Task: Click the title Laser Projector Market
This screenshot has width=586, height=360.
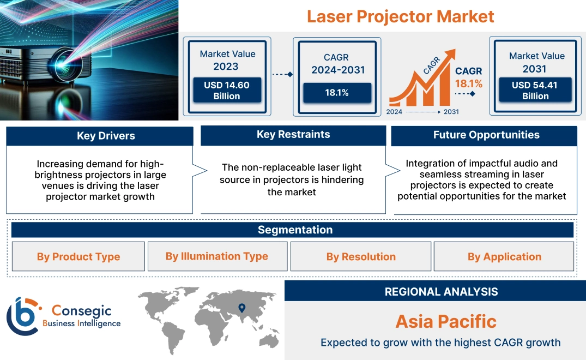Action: pyautogui.click(x=400, y=16)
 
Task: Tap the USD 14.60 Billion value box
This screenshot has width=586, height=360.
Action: pyautogui.click(x=226, y=91)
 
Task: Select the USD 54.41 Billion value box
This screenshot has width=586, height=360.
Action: pyautogui.click(x=535, y=91)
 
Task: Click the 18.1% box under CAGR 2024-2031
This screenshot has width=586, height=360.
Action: pyautogui.click(x=337, y=93)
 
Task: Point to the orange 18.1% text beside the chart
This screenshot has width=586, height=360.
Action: pyautogui.click(x=469, y=84)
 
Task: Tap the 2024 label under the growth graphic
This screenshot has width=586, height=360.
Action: pyautogui.click(x=395, y=112)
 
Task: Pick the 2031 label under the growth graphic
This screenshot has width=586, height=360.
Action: pyautogui.click(x=451, y=112)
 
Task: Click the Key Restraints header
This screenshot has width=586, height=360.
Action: pyautogui.click(x=293, y=135)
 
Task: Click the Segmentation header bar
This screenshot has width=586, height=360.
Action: pyautogui.click(x=295, y=230)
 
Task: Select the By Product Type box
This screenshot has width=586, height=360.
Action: pyautogui.click(x=78, y=257)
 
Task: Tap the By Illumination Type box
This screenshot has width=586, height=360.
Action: pyautogui.click(x=217, y=256)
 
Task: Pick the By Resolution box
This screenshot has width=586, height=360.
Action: pyautogui.click(x=361, y=257)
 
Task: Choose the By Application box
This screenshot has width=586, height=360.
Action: pyautogui.click(x=504, y=257)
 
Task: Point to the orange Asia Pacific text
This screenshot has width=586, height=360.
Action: pyautogui.click(x=446, y=321)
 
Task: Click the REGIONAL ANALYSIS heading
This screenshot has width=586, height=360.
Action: pyautogui.click(x=441, y=292)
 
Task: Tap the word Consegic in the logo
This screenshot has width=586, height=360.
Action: pyautogui.click(x=81, y=311)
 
